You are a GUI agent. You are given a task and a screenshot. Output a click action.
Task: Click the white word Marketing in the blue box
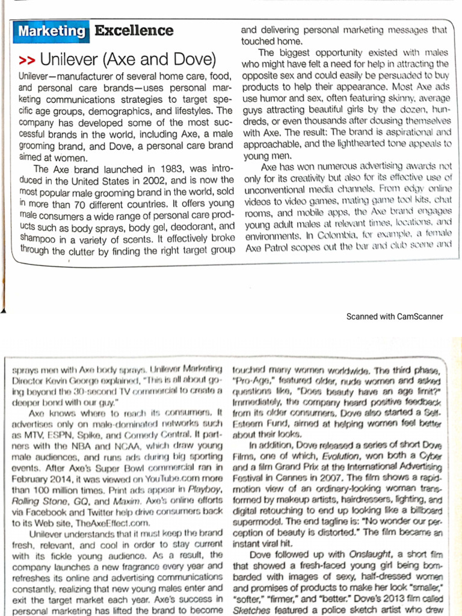coord(52,31)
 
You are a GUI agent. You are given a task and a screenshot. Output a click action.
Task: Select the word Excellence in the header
coord(134,31)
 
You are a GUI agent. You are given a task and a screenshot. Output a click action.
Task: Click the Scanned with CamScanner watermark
coord(395,316)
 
